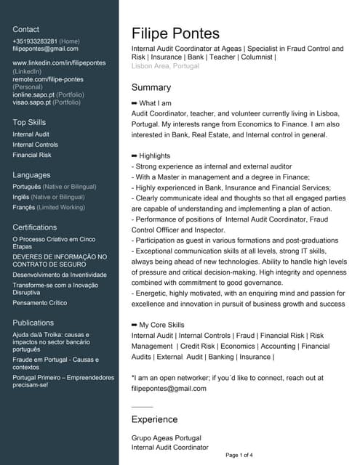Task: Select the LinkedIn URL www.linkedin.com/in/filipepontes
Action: coord(59,63)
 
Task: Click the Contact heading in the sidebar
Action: coord(26,29)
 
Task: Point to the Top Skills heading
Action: coord(29,122)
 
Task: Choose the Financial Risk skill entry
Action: coord(32,155)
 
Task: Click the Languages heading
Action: coord(31,175)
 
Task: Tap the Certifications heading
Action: coord(35,227)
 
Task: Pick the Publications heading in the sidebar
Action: coord(33,323)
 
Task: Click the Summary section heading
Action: coord(151,87)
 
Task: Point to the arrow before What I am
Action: coord(134,103)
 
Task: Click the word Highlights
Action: coord(154,155)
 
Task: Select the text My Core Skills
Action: coord(161,325)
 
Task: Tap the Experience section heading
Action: coord(154,419)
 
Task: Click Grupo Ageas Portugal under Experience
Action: coord(166,438)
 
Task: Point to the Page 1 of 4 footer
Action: coord(239,456)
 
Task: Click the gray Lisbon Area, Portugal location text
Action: coord(165,65)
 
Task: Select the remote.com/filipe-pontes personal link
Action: coord(48,79)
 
